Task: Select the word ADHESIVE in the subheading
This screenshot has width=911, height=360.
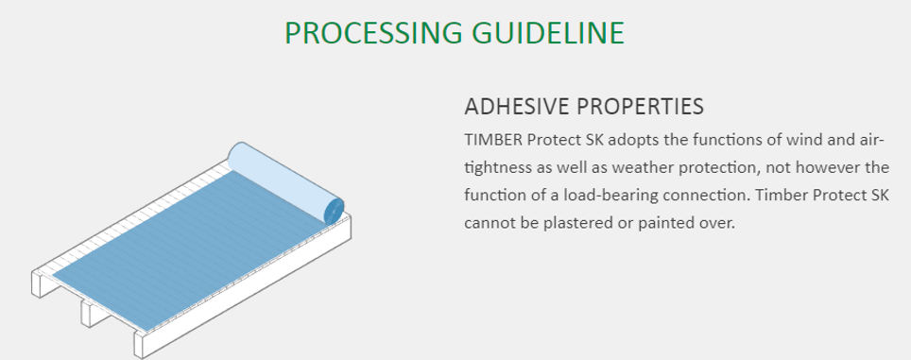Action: [x=519, y=104]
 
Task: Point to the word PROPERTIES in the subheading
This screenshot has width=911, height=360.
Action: [x=645, y=104]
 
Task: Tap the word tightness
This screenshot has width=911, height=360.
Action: [x=502, y=168]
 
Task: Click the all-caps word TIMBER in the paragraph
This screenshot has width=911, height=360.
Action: [x=492, y=141]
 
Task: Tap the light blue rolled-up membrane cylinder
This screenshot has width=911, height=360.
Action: [x=284, y=179]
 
